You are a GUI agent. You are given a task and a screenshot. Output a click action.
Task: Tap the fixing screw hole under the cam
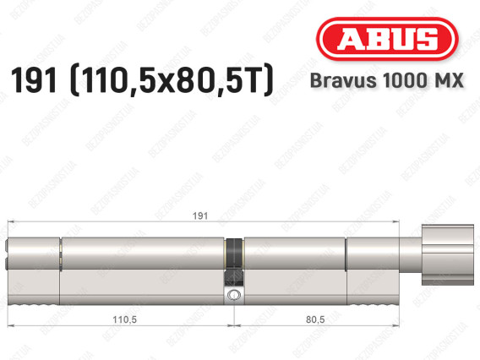tap(233, 294)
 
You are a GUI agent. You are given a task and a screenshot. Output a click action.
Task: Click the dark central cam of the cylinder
tap(234, 263)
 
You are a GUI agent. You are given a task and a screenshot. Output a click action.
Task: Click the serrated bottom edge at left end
tap(34, 301)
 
